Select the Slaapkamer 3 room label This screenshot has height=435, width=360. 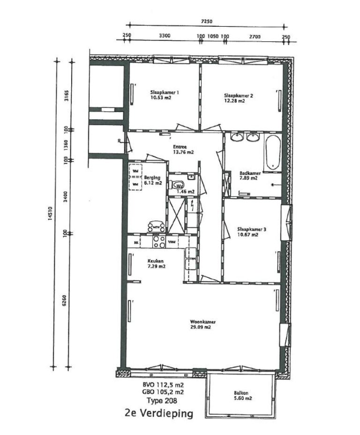251,229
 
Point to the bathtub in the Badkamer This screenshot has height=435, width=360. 272,152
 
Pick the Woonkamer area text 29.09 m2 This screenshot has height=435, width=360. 200,328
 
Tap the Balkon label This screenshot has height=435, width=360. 242,393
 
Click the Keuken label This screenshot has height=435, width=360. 156,261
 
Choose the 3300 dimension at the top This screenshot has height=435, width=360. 165,36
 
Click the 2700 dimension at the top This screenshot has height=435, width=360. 255,36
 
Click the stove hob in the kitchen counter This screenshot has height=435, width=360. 158,242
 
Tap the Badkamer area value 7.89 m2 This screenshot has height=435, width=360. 248,178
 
